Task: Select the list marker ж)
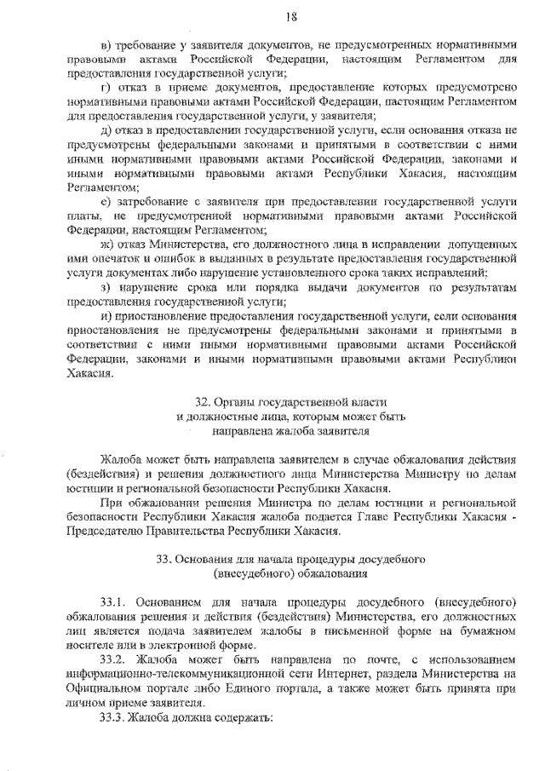click(107, 243)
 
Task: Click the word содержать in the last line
click(243, 716)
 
